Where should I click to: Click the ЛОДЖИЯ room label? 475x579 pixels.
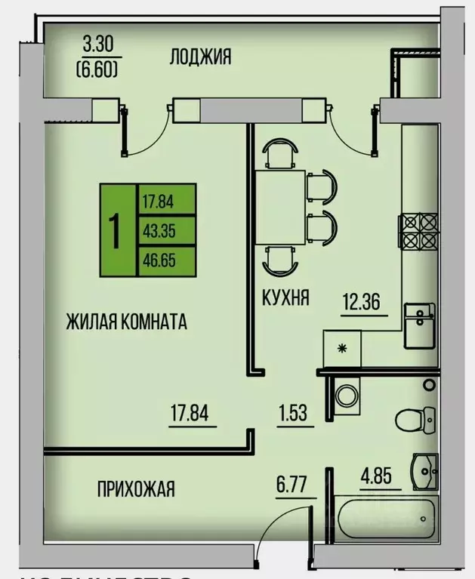(199, 56)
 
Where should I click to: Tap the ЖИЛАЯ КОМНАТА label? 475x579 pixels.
(127, 322)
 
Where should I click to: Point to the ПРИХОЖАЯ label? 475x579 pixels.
(136, 489)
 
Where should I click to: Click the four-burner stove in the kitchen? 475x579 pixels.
(418, 232)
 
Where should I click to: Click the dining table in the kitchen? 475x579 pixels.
(279, 208)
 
